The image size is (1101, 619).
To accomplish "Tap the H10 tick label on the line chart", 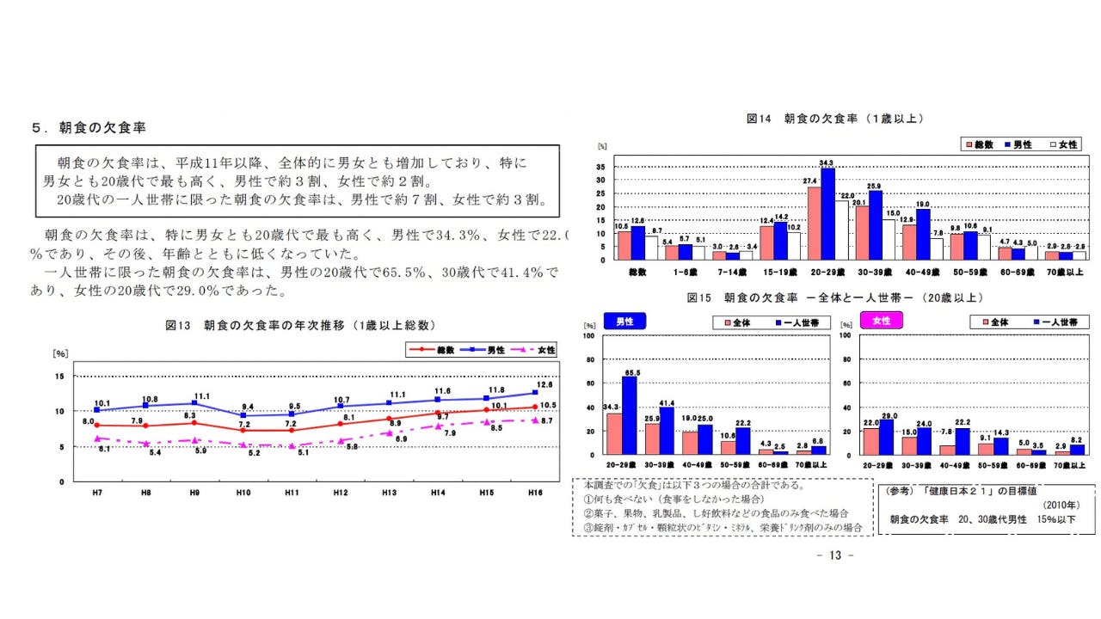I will point(243,492).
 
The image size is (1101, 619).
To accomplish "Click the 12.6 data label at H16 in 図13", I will point(544,384).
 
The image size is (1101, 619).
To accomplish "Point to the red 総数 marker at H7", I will point(96,425).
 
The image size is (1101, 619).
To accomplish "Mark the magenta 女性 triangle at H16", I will point(535,420).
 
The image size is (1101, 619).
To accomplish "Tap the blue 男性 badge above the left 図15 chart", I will point(624,321).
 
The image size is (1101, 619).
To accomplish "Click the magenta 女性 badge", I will point(881,321).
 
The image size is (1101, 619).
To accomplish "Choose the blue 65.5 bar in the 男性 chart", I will point(629,415).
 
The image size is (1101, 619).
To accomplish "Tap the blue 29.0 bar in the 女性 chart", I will point(886,437).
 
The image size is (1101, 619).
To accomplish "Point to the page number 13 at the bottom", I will point(833,555).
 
